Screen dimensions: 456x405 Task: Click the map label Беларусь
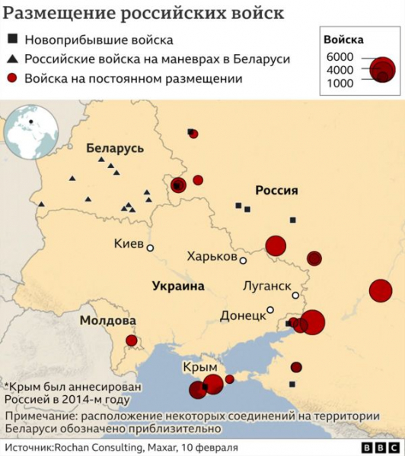(x=115, y=148)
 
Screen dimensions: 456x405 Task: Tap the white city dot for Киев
(x=150, y=248)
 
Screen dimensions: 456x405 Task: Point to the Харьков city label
(x=212, y=257)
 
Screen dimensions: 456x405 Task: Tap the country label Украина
(x=178, y=286)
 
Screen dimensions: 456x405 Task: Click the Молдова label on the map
(x=108, y=321)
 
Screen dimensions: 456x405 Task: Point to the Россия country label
(x=276, y=190)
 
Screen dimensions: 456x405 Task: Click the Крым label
(x=201, y=367)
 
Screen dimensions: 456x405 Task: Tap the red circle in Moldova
(x=132, y=340)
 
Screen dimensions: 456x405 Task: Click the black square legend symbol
(x=13, y=40)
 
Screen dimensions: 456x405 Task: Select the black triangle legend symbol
(x=13, y=59)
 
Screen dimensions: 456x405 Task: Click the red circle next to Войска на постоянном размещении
(x=13, y=78)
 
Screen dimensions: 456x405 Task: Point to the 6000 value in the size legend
(x=340, y=58)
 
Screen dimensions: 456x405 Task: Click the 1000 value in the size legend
(x=340, y=84)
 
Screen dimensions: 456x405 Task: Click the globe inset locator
(x=31, y=132)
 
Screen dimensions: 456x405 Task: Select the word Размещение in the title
(x=59, y=14)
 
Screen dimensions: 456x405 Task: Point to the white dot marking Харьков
(x=243, y=261)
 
